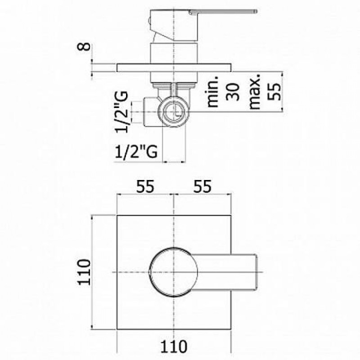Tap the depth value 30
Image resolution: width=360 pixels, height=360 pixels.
tap(232, 92)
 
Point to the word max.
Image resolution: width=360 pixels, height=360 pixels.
tap(255, 91)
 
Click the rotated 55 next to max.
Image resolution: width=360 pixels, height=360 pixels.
tap(274, 91)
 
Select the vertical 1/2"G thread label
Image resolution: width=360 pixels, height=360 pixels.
tap(121, 112)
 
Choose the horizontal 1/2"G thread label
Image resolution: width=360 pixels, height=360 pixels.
tap(136, 151)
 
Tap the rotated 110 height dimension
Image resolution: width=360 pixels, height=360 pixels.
tap(84, 272)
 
